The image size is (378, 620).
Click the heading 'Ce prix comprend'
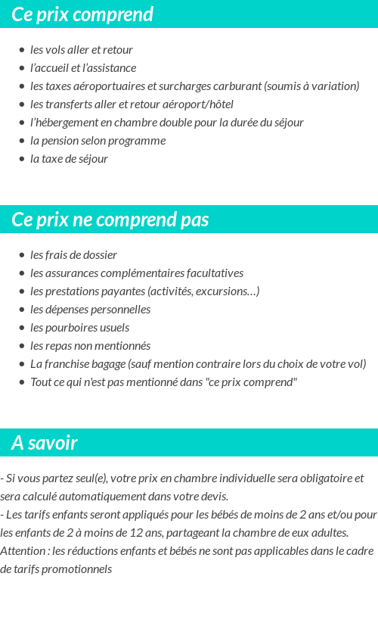82,14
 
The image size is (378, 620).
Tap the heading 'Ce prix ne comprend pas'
110,220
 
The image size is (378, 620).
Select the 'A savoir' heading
45,443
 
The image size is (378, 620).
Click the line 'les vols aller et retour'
82,50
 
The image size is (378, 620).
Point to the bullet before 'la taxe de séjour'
22,159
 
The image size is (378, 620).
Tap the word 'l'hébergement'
61,123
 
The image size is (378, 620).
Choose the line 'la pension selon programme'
98,141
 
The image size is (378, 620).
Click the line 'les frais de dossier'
73,255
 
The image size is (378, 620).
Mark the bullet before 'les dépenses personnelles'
22,310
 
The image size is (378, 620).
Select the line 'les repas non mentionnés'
90,346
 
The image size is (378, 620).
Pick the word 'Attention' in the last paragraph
23,551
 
